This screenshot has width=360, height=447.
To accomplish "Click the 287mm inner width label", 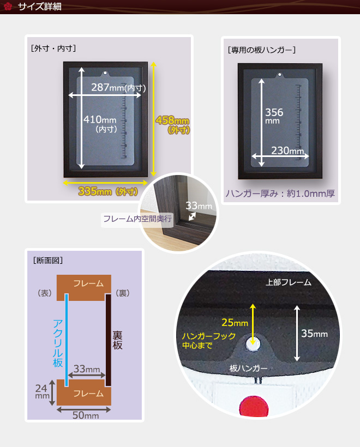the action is click(x=118, y=87).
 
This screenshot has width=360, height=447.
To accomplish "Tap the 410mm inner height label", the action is click(x=100, y=124).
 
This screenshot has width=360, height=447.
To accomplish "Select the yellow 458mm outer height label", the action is click(x=172, y=125).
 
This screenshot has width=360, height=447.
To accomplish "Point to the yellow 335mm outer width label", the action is click(x=108, y=191).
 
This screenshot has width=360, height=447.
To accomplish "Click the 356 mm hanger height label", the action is click(x=274, y=116).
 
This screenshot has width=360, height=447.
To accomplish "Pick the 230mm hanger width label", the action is click(x=287, y=150).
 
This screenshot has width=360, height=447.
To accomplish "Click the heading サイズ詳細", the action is click(x=40, y=7).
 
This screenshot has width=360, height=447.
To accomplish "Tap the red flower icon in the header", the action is click(x=8, y=7).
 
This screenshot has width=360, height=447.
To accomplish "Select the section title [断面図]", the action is click(x=47, y=260).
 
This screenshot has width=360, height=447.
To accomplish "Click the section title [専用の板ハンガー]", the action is click(x=262, y=50).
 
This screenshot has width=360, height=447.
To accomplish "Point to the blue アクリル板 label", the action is click(x=58, y=343).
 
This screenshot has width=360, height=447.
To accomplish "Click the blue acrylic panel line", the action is click(x=67, y=340).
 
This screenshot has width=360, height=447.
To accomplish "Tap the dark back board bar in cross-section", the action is click(x=109, y=340).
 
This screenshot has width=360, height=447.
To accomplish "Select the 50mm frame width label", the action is click(x=86, y=415).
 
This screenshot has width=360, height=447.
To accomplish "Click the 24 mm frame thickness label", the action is click(x=42, y=391).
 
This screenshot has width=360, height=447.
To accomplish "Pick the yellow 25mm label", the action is click(x=235, y=322).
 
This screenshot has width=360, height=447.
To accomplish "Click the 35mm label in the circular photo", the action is click(x=314, y=333).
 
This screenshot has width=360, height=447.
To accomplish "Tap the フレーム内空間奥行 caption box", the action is click(x=137, y=219).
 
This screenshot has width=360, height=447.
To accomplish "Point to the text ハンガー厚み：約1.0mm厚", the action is click(x=280, y=194).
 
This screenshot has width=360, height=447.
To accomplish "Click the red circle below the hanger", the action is click(x=254, y=406).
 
